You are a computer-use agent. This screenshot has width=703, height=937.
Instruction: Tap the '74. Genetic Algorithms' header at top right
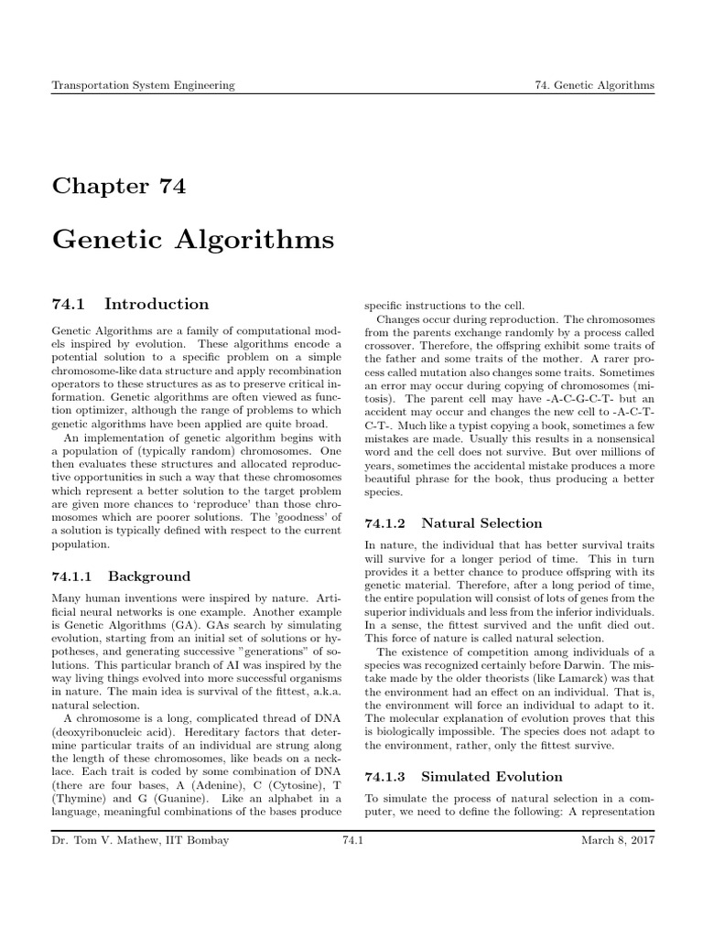coord(594,85)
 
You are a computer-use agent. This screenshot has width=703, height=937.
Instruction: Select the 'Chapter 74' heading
coord(119,187)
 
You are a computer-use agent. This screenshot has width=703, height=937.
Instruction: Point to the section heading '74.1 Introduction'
coord(130,305)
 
